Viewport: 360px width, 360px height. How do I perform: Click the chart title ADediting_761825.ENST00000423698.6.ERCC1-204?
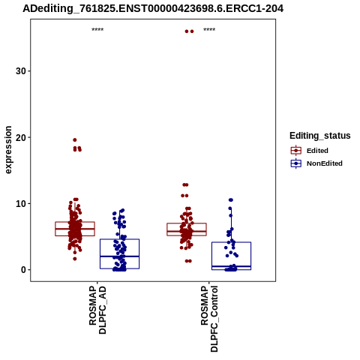coord(153,9)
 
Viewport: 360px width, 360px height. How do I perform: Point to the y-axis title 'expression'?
coord(8,150)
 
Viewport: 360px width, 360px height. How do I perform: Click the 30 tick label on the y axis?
coord(21,71)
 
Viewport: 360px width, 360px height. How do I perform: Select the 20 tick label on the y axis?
coord(21,137)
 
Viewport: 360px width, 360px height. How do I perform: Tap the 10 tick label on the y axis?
coord(21,203)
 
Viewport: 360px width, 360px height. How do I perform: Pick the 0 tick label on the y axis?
coord(24,270)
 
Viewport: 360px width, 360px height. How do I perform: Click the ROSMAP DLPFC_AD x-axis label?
coord(97,310)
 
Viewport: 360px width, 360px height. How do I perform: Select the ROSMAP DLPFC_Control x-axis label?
coord(209,319)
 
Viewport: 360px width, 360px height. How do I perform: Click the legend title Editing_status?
coord(320,136)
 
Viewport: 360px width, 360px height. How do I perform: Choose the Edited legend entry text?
coord(317,151)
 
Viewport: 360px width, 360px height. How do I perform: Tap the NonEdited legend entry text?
coord(325,163)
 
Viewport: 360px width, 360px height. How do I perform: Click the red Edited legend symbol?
coord(296,151)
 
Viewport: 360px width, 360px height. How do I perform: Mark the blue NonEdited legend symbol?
coord(296,163)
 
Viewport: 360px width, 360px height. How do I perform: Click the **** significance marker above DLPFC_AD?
coord(97,30)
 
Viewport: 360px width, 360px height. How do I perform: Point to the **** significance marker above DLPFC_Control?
coord(209,30)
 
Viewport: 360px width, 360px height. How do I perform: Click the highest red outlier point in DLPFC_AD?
coord(75,140)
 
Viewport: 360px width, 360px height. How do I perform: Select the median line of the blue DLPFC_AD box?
coord(119,256)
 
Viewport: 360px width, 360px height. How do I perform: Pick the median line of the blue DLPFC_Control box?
coord(231,266)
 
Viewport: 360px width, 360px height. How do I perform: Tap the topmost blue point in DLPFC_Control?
coord(231,200)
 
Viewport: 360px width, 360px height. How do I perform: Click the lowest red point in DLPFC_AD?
coord(75,259)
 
